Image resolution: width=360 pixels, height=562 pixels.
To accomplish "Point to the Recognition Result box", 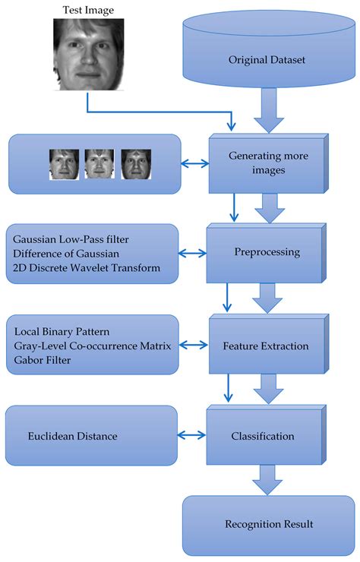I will [269, 524].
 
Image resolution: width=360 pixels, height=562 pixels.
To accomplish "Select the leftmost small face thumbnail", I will [65, 164].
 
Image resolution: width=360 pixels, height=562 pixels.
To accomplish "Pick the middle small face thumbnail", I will [100, 164].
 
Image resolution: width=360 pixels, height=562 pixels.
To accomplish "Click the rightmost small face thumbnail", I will [136, 164].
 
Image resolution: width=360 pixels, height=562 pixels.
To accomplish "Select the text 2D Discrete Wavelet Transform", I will [85, 269].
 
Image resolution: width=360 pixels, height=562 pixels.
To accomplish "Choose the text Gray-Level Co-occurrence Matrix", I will [90, 346].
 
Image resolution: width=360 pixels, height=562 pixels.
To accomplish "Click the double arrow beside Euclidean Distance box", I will [192, 435].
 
